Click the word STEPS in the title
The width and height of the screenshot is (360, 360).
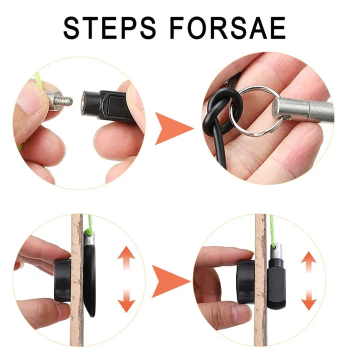click(x=109, y=28)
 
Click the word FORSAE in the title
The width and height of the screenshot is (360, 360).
click(x=228, y=28)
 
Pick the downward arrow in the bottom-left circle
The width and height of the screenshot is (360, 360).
click(x=126, y=300)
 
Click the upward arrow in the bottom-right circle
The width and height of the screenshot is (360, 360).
click(x=308, y=263)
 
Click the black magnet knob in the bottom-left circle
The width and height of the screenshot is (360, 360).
click(x=62, y=280)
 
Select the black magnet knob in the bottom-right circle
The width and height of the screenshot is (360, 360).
click(x=245, y=281)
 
